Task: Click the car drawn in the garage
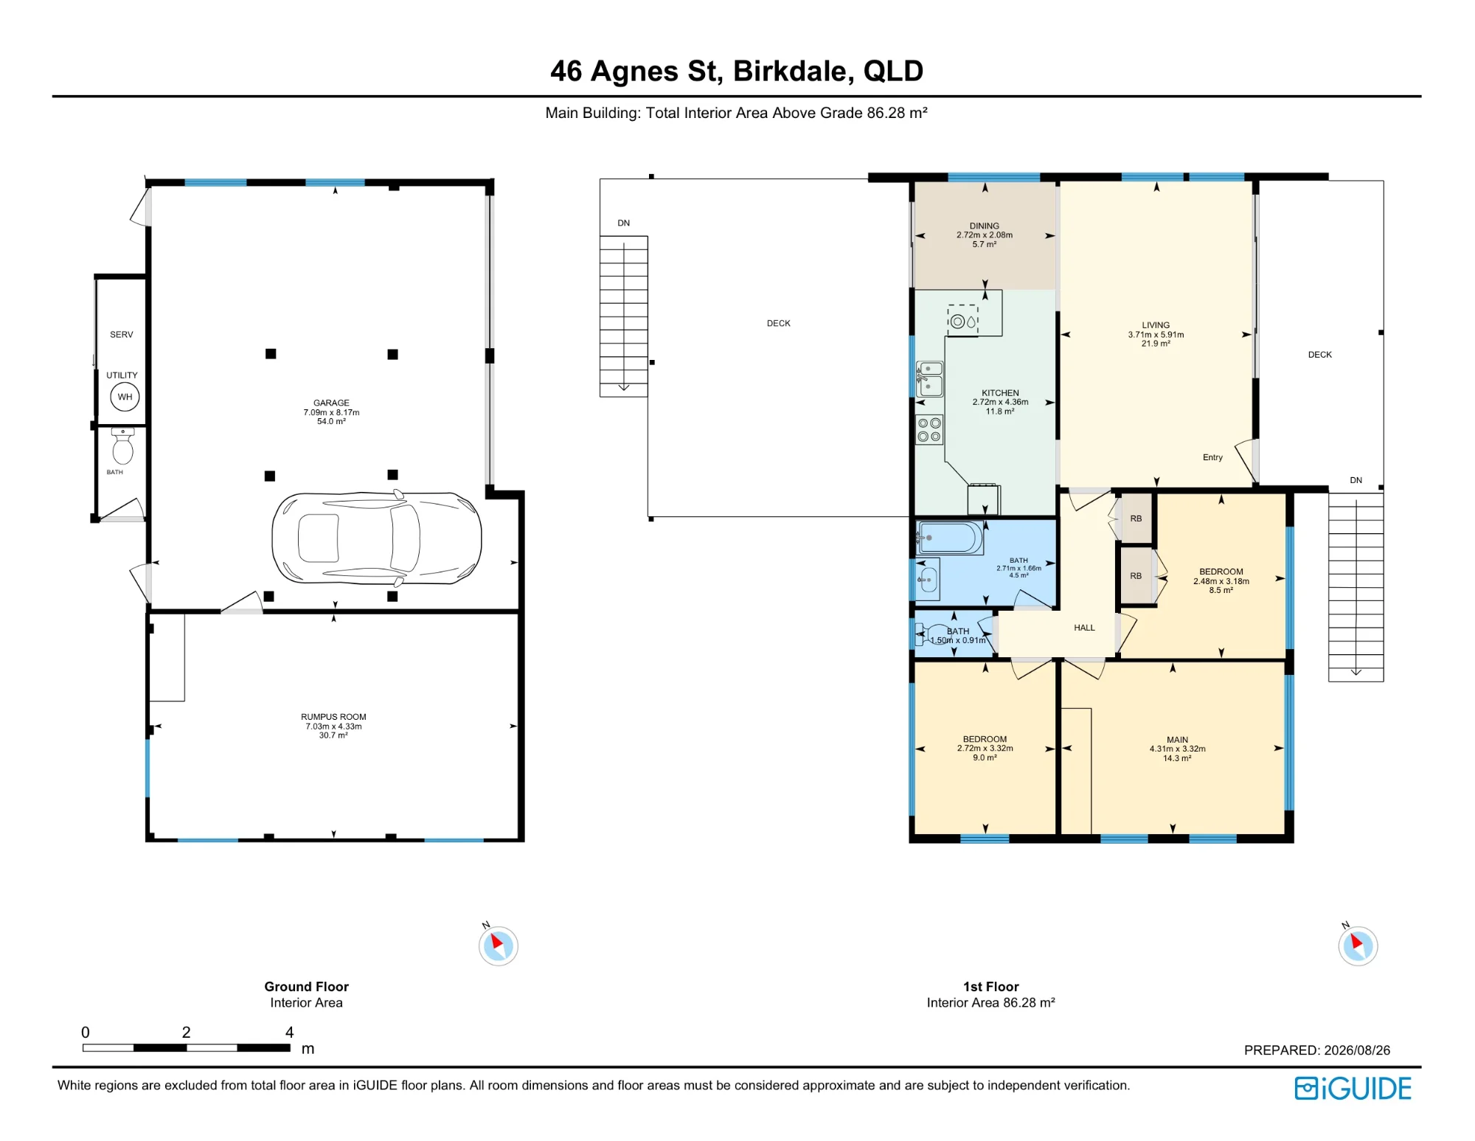[x=377, y=538]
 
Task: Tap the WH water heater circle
[x=125, y=397]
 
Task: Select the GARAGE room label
[x=331, y=403]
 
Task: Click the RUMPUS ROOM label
[x=333, y=717]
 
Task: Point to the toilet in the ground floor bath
[x=122, y=445]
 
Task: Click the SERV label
[x=122, y=335]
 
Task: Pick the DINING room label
[x=985, y=226]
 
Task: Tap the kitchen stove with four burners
[x=929, y=430]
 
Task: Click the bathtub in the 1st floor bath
[x=950, y=538]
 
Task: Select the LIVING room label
[x=1156, y=325]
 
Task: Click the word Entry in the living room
[x=1212, y=457]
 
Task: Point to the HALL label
[x=1084, y=628]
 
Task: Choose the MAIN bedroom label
[x=1177, y=740]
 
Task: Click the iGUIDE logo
[x=1353, y=1089]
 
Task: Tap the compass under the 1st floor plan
[x=1358, y=946]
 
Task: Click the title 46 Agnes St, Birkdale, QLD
[x=737, y=72]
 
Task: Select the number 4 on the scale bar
[x=290, y=1032]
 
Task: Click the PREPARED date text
[x=1316, y=1050]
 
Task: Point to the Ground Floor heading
[x=306, y=987]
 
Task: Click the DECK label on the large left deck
[x=778, y=324]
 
